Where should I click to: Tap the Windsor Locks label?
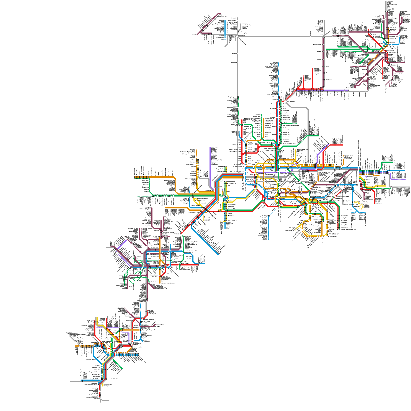point(317,44)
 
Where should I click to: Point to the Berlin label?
point(327,66)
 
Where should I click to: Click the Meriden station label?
point(328,73)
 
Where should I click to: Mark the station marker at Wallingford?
point(324,80)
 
